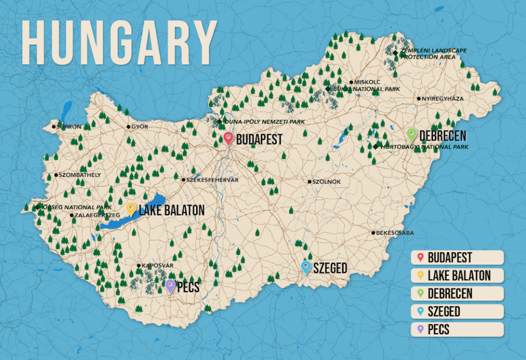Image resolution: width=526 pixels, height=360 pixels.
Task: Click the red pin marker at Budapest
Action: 228,138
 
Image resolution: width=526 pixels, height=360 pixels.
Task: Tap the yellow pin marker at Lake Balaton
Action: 131,208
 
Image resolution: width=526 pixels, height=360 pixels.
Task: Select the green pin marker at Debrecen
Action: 412,134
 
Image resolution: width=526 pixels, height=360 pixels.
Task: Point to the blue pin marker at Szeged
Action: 306,267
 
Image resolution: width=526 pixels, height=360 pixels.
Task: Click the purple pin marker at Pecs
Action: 170,285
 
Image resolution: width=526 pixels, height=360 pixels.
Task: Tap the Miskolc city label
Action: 367,82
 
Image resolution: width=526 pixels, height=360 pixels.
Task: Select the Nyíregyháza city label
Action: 442,99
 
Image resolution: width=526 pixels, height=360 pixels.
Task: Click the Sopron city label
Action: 68,127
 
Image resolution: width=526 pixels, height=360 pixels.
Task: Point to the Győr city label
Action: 140,127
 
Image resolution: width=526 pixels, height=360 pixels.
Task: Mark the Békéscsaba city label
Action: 395,233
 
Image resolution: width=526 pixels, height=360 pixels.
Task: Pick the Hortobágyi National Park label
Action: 423,147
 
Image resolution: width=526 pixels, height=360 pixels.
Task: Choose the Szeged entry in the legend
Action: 456,312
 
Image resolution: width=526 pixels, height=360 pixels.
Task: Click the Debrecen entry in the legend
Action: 456,294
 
